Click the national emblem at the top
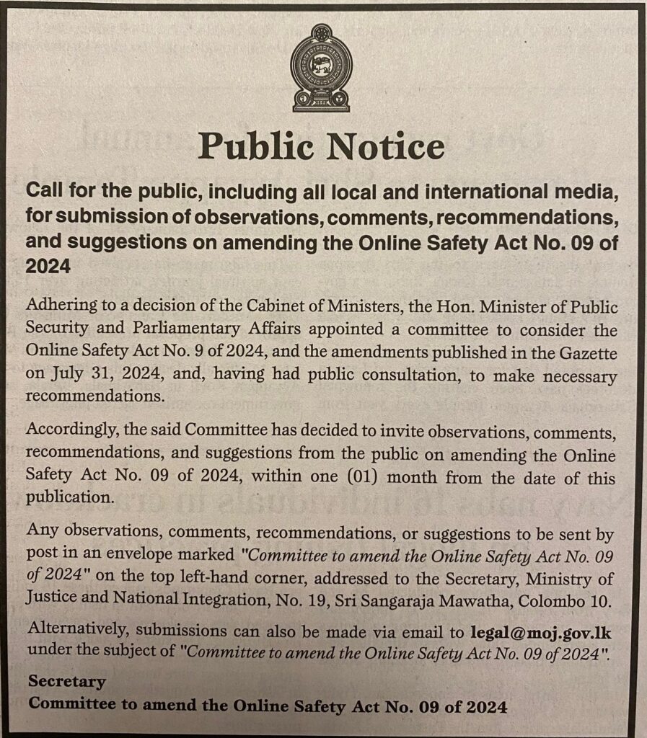[x=322, y=68]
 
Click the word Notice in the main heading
[x=386, y=146]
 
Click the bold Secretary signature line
[x=67, y=682]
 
